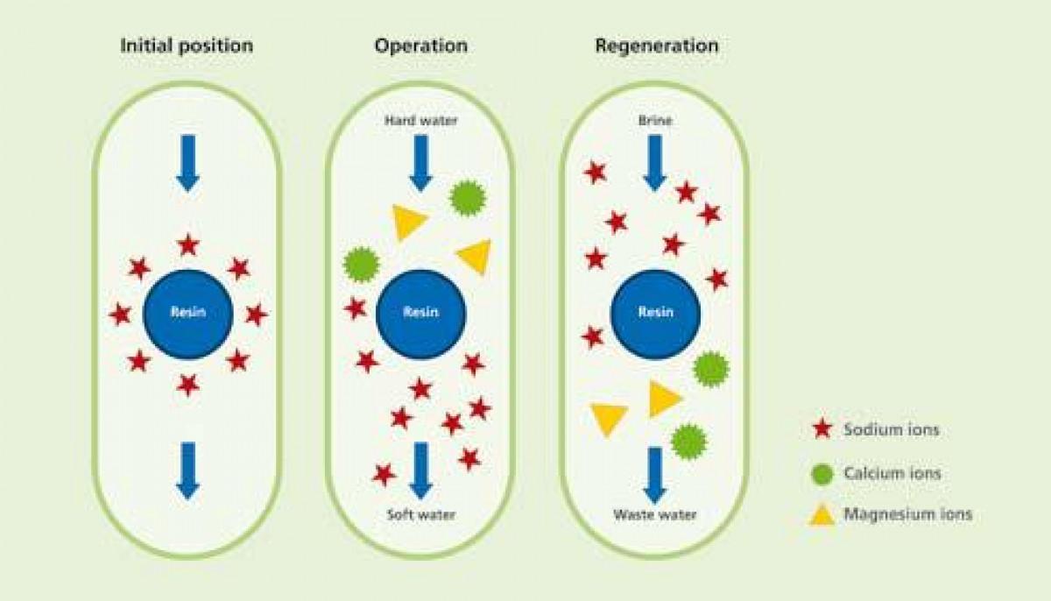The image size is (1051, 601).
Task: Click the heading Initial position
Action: point(187,46)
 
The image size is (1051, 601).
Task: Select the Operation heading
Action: point(420,46)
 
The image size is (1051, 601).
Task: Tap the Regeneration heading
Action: point(656,46)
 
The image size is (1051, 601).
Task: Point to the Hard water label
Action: point(420,121)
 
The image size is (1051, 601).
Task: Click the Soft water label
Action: point(420,514)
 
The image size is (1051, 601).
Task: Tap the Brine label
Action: point(655,121)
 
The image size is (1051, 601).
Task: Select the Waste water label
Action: point(655,514)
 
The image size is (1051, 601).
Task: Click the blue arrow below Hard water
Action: point(420,163)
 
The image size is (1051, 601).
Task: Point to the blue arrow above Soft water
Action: point(420,470)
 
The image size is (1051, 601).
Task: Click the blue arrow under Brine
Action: point(655,163)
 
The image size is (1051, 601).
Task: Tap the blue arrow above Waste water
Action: point(655,474)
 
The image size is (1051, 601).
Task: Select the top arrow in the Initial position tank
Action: point(188,163)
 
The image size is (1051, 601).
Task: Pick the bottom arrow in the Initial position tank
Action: point(188,470)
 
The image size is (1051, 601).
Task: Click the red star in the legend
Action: point(821,429)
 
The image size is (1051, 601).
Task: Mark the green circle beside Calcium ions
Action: point(821,474)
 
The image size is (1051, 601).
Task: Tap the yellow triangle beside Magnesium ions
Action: point(821,515)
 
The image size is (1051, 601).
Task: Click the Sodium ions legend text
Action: point(891,429)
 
